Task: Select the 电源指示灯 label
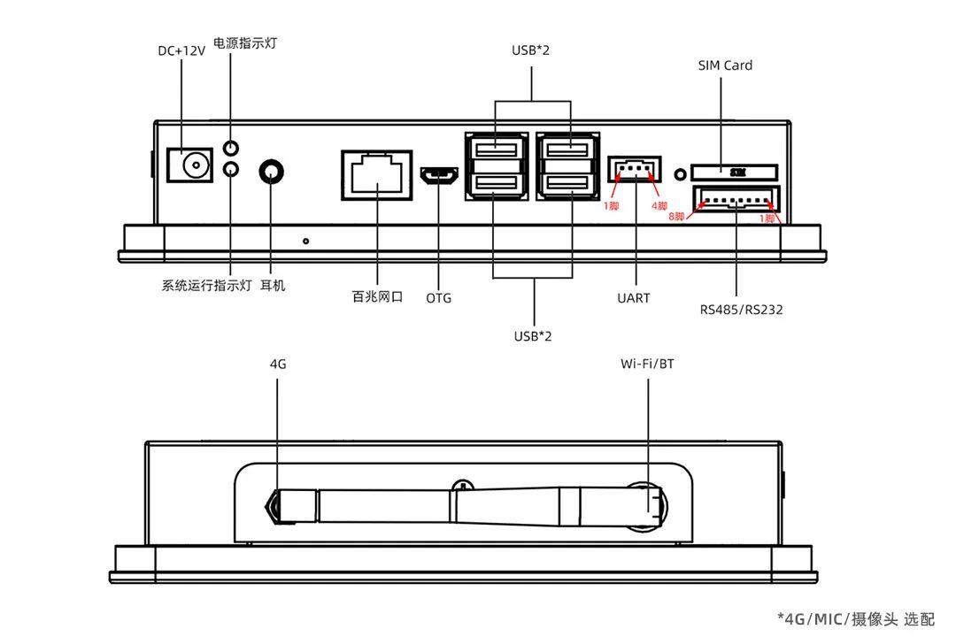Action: [245, 42]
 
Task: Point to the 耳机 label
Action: [273, 286]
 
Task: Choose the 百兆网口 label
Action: [377, 297]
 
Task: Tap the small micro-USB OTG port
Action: [439, 178]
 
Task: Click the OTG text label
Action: [439, 298]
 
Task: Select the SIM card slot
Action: [734, 170]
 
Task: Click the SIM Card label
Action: [725, 65]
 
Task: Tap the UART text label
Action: [634, 298]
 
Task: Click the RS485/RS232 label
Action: [741, 310]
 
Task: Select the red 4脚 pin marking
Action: [660, 206]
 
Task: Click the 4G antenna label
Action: [278, 363]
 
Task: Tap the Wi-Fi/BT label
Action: [647, 363]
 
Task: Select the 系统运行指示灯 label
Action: [206, 286]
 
